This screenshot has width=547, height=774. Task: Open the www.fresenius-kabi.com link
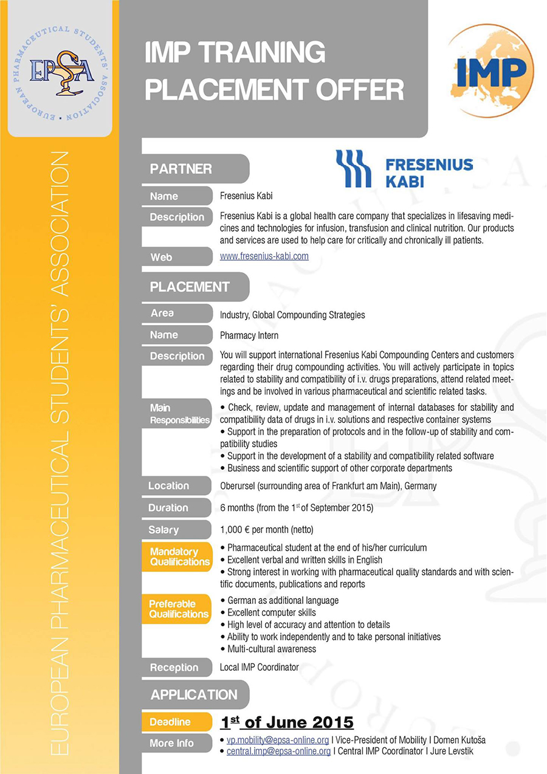coord(264,256)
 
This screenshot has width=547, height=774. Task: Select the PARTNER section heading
coord(181,169)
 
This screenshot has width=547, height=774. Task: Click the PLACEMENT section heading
coord(190,287)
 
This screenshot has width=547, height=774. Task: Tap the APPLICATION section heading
coord(194,694)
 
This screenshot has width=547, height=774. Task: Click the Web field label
coord(161,257)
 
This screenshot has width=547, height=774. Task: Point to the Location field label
coord(168,485)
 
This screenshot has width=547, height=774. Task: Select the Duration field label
coord(168,507)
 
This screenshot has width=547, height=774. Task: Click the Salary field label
coord(163,530)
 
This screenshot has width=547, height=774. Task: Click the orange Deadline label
coord(170,722)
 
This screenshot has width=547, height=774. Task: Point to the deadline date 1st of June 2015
coord(286,722)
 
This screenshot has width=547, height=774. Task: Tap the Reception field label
coord(174,667)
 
